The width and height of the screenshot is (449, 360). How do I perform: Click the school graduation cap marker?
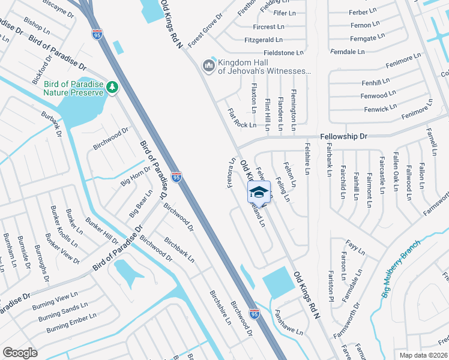259,192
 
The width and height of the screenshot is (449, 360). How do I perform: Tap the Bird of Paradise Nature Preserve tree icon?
112,88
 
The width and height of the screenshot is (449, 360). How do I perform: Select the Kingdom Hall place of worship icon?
208,65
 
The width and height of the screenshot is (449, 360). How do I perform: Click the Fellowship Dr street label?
343,137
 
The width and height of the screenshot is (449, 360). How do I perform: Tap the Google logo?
20,353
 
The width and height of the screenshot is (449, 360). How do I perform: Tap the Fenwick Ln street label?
380,109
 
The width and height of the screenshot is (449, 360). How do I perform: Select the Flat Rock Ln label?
242,119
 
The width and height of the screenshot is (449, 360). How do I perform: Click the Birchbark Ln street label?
179,249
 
